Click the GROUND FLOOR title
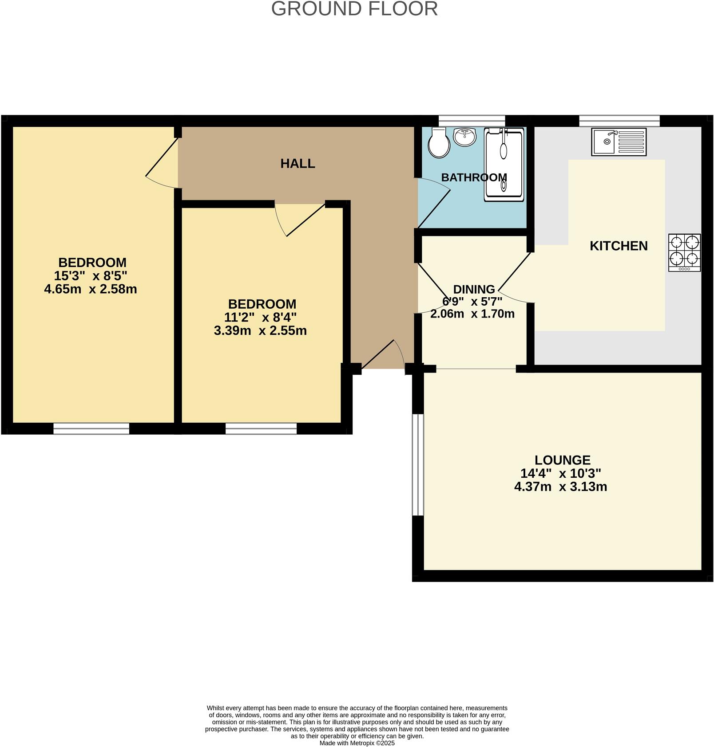pos(354,9)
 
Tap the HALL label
pos(297,164)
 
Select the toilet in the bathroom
pos(439,143)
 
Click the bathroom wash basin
pos(464,137)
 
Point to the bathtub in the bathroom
pos(504,164)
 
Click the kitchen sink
pos(618,142)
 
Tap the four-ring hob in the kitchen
pos(684,252)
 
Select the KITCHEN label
pos(618,246)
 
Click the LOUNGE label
pos(562,460)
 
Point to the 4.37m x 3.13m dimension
pos(560,487)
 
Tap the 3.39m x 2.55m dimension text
pos(260,331)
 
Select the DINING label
pos(473,290)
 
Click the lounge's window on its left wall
pos(417,465)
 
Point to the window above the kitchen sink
pos(619,120)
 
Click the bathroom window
pos(472,120)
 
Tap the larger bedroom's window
pos(91,428)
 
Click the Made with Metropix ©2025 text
pos(357,743)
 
